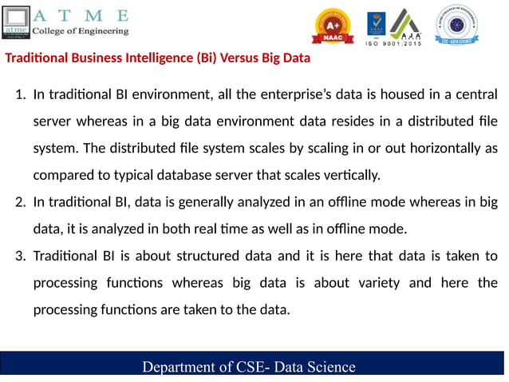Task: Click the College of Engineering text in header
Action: pos(80,30)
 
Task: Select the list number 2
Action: pos(20,201)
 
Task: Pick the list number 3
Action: pos(20,256)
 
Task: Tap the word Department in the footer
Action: pos(180,367)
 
